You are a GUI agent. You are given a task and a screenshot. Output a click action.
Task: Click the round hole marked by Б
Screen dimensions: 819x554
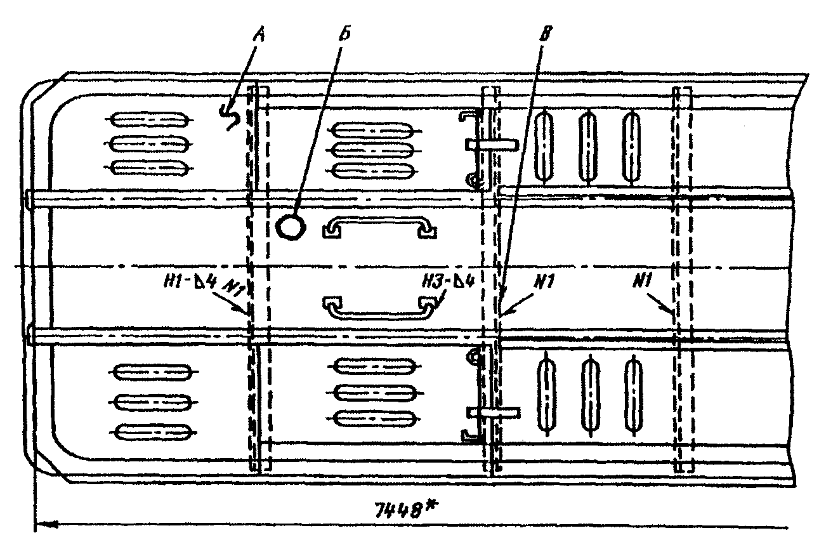click(x=291, y=226)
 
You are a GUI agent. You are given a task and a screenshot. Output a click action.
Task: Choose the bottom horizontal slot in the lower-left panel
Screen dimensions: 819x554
click(x=154, y=432)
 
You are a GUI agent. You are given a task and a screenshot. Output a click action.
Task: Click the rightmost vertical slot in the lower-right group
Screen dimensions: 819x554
click(x=632, y=393)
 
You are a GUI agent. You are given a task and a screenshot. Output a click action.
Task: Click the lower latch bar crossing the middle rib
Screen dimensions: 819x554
click(x=494, y=412)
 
